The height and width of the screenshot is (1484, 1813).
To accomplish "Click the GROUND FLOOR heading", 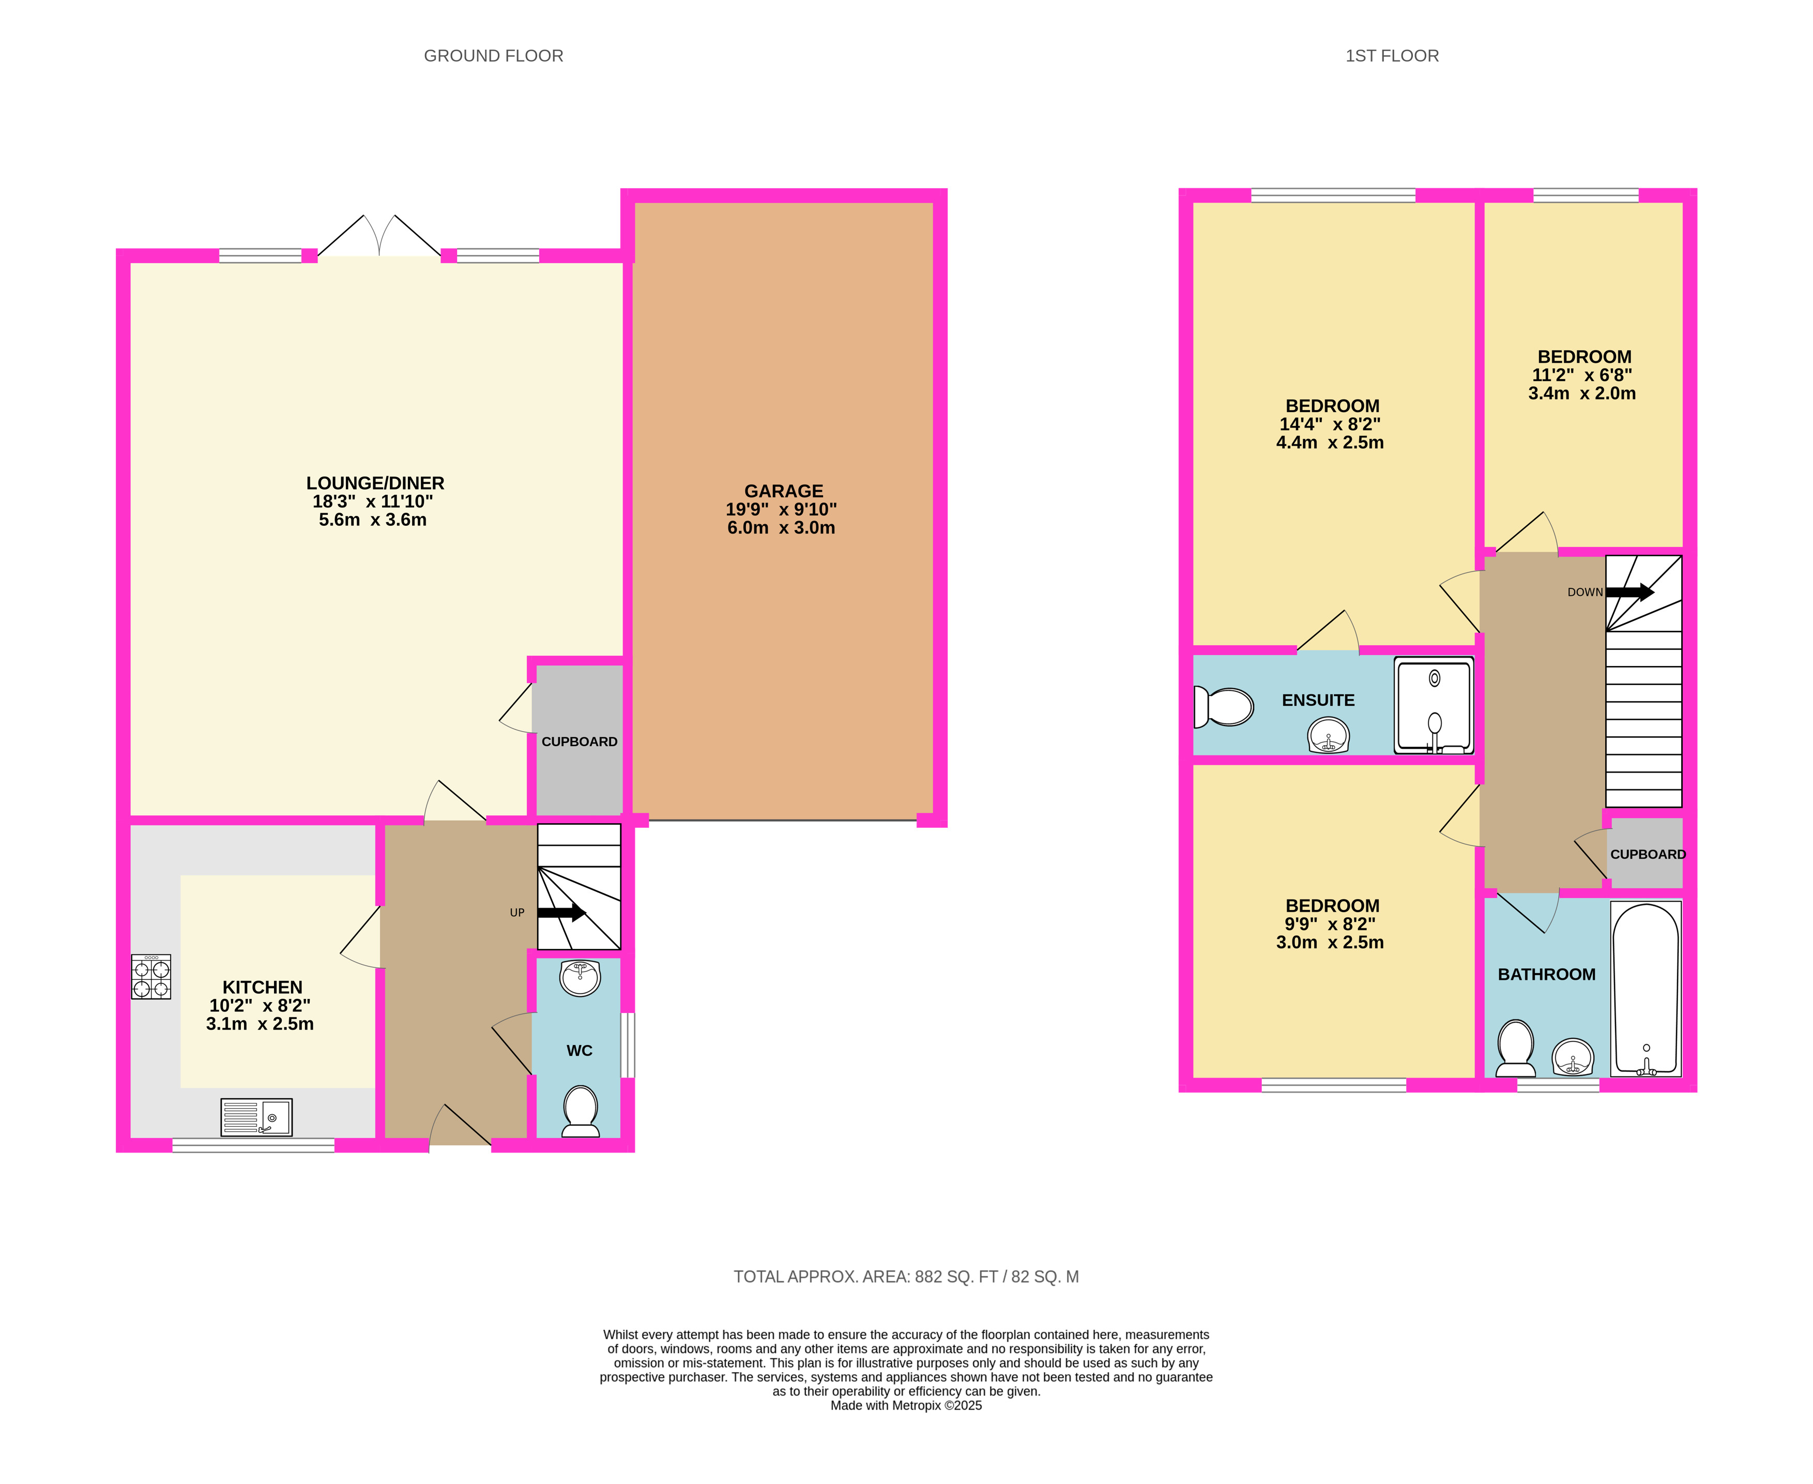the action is tap(493, 55).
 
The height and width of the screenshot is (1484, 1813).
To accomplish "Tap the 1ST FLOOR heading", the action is tap(1392, 55).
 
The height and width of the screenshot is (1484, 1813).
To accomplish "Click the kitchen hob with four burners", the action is tap(150, 976).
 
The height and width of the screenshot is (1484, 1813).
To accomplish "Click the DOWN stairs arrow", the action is tap(1630, 592).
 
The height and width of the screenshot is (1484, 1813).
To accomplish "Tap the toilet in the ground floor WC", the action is tap(581, 1111).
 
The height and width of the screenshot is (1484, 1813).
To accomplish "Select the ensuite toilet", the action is tap(1223, 706).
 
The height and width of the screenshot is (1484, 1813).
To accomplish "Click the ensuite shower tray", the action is tap(1434, 705).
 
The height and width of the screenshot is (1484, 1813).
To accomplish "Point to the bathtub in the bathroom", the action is tap(1646, 988).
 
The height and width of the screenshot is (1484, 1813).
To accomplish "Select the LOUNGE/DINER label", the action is tap(375, 483).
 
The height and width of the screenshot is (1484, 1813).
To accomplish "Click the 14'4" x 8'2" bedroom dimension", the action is tap(1330, 424).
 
